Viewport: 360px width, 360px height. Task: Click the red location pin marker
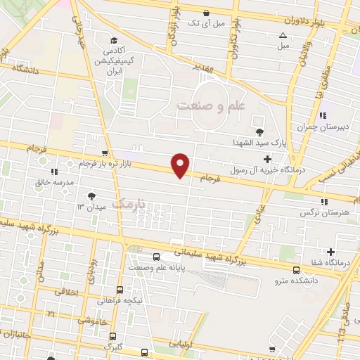coord(181,165)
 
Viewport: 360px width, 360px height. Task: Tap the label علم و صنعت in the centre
coord(210,105)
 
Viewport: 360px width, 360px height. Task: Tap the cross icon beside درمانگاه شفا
coord(330,252)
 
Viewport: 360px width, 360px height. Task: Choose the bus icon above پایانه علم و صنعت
coord(155,257)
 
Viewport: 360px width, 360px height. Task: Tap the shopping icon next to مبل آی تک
coord(206,13)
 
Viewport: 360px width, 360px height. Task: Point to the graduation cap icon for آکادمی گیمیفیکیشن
coord(114,40)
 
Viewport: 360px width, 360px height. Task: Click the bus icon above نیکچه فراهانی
coord(120,290)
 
